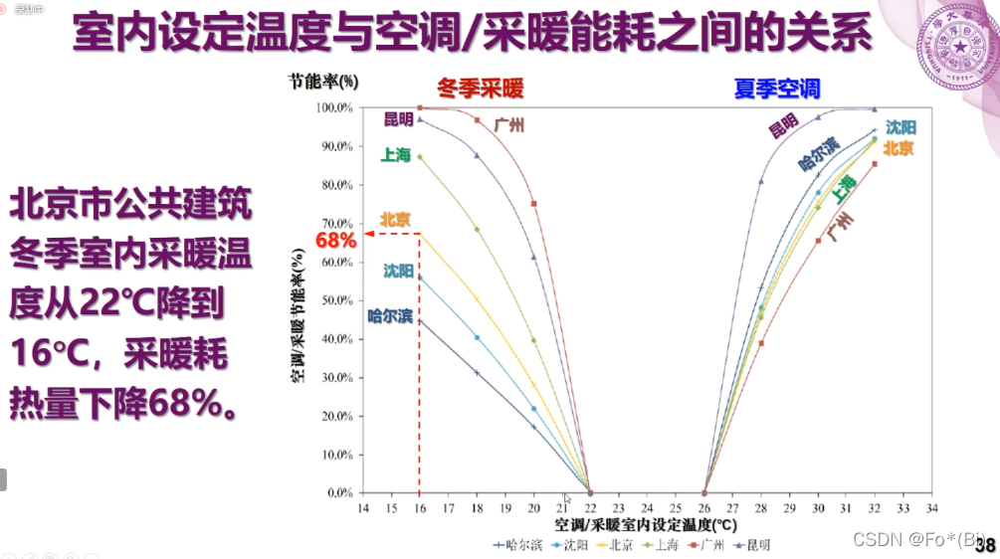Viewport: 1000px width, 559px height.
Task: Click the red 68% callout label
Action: (x=335, y=240)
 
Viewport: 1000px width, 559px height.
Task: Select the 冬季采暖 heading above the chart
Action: (x=480, y=89)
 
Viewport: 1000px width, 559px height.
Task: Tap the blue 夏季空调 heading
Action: (x=777, y=89)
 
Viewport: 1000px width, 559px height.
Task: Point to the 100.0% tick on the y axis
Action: (x=333, y=107)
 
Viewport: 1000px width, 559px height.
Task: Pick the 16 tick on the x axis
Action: (x=420, y=508)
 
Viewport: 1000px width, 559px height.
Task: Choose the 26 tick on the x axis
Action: (x=704, y=508)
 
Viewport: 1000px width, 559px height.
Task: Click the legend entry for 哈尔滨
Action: (x=516, y=545)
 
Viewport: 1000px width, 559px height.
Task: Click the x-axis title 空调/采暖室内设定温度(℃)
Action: (x=646, y=524)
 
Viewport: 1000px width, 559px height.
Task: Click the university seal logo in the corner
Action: (x=957, y=46)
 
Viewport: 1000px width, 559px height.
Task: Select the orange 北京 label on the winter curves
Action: (x=396, y=220)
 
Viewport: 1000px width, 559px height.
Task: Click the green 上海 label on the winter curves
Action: (x=395, y=155)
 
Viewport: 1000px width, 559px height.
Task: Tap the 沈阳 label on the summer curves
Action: (x=900, y=127)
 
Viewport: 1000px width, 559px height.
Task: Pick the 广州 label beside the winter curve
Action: (x=508, y=125)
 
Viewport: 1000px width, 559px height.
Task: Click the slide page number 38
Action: (x=984, y=544)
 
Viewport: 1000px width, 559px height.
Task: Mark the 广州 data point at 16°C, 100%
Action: (x=420, y=107)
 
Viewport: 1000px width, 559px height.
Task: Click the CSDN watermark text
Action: (x=902, y=538)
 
